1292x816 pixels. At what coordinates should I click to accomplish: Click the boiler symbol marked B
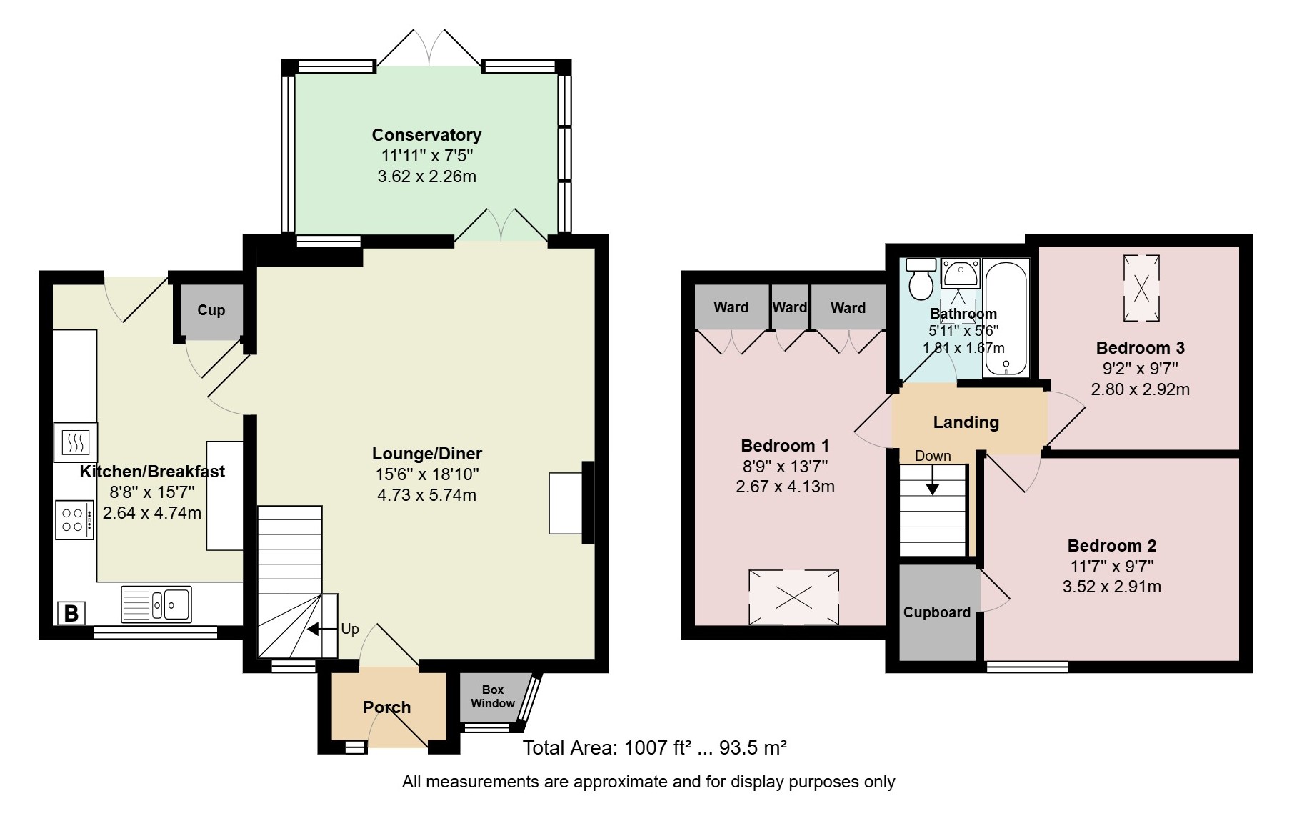coord(71,613)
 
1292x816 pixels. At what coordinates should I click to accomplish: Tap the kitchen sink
coord(156,603)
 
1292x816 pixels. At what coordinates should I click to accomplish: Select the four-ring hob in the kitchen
coord(74,520)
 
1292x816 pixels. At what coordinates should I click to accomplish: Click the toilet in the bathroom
coord(921,279)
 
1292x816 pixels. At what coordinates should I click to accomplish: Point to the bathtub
coord(1006,317)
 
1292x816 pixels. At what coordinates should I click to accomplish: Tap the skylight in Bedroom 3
coord(1141,287)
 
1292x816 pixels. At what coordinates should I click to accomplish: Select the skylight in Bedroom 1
coord(793,597)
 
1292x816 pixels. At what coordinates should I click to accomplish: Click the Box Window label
coord(493,696)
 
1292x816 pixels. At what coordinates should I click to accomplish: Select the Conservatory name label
coord(426,135)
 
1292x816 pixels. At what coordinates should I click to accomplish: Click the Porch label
coord(386,707)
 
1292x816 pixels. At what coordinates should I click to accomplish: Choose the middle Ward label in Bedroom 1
coord(789,307)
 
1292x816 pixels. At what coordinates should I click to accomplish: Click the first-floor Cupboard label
coord(936,612)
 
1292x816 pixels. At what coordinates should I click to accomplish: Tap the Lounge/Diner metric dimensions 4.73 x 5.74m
coord(426,495)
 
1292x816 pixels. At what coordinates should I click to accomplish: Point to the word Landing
coord(966,422)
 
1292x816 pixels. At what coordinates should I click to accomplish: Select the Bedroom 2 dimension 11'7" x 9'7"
coord(1111,567)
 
